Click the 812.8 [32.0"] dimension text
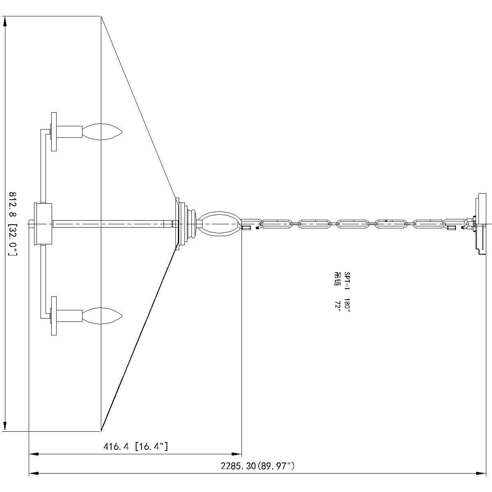click(13, 223)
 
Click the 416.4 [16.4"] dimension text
click(135, 446)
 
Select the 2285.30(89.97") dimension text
click(257, 466)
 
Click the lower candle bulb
click(102, 315)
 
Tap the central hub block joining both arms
click(43, 223)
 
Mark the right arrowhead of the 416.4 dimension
click(237, 454)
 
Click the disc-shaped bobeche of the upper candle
click(53, 132)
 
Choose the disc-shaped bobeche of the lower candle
click(53, 315)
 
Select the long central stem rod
click(111, 223)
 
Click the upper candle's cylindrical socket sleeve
click(69, 132)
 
